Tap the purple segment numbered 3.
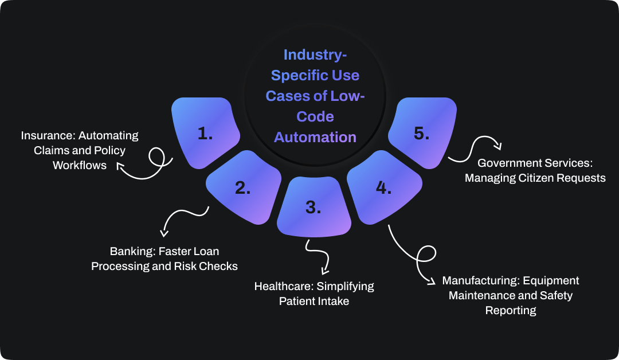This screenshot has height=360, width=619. (x=313, y=208)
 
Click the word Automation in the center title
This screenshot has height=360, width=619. (x=315, y=138)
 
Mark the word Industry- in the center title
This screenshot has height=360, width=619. (x=315, y=56)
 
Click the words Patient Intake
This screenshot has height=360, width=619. (x=314, y=301)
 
